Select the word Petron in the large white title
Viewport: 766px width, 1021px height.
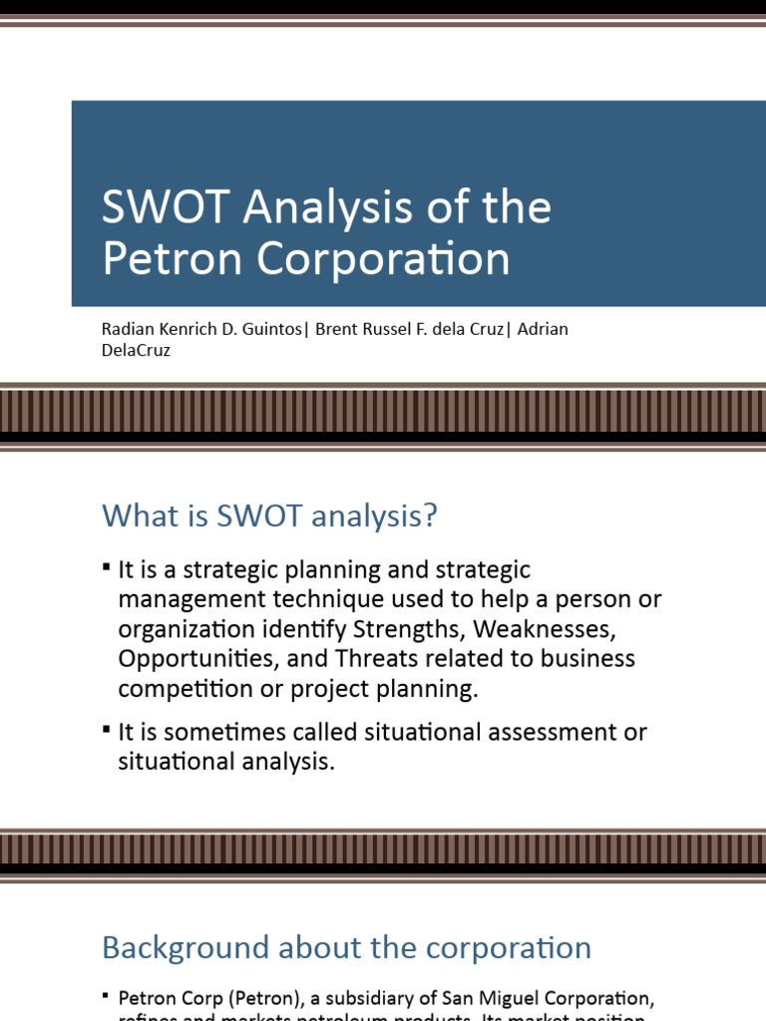point(173,259)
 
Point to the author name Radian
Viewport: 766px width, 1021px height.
point(124,330)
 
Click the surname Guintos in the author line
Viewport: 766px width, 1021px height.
point(268,330)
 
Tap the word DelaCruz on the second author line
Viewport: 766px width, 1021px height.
point(136,351)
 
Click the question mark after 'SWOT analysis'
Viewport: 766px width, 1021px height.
point(430,516)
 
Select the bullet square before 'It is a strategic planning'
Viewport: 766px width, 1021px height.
point(107,566)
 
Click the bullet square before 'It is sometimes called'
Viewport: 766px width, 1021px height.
point(107,729)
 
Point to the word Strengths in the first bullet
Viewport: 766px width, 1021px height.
point(410,630)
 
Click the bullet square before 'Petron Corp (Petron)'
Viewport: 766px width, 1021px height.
point(107,995)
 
